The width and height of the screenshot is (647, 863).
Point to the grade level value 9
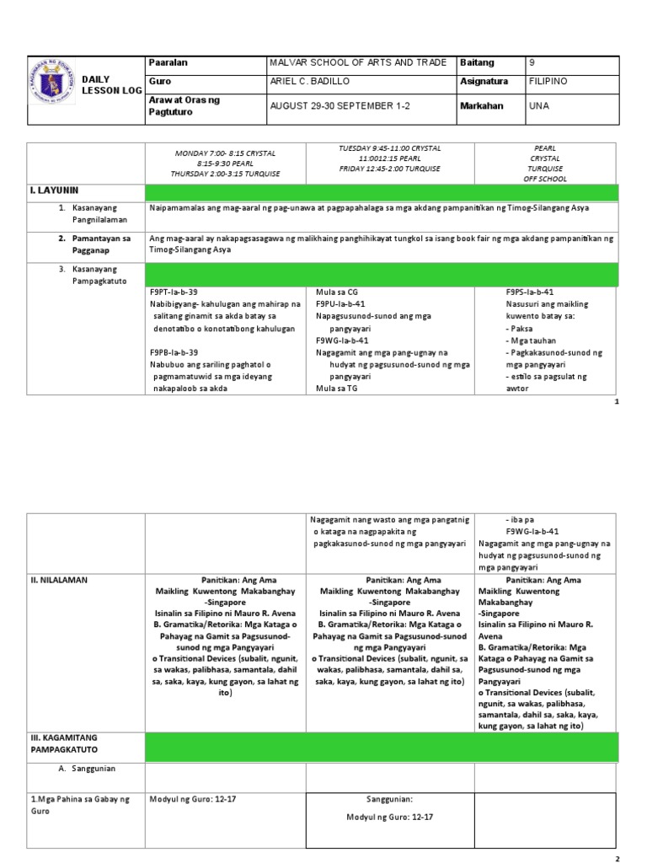[x=531, y=64]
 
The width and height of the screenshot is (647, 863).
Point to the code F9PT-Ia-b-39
[x=174, y=291]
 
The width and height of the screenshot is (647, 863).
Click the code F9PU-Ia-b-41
[x=340, y=303]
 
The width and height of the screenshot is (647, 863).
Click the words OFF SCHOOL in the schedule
[x=545, y=179]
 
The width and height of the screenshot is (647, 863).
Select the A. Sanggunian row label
[x=87, y=769]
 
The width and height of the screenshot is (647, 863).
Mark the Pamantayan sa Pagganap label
[x=99, y=244]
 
